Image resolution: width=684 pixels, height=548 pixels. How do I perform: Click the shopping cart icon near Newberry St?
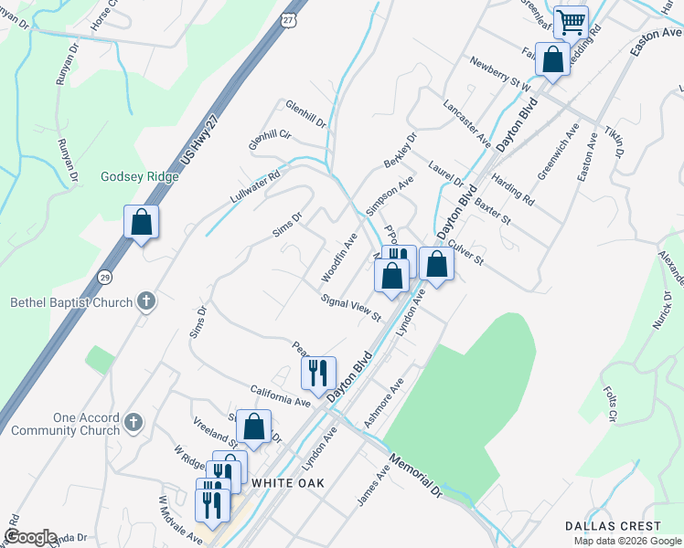point(571,23)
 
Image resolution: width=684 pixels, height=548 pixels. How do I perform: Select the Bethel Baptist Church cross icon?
point(145,301)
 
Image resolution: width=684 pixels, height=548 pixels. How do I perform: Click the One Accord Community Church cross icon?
point(134,422)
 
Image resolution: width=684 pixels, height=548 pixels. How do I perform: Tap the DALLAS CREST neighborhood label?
point(613,526)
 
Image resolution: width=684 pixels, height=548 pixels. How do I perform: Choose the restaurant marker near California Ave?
point(318,373)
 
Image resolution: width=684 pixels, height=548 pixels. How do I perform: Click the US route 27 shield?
point(289,19)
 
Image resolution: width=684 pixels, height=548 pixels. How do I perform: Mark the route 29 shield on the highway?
point(106,276)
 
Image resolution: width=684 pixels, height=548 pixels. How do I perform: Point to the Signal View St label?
point(350,308)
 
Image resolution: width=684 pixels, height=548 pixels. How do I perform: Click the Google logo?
point(30,537)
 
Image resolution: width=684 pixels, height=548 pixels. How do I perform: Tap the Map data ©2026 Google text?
point(627,541)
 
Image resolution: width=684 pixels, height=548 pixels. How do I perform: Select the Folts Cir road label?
point(611,404)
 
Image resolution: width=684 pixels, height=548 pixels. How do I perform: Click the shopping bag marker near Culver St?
point(437,264)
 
